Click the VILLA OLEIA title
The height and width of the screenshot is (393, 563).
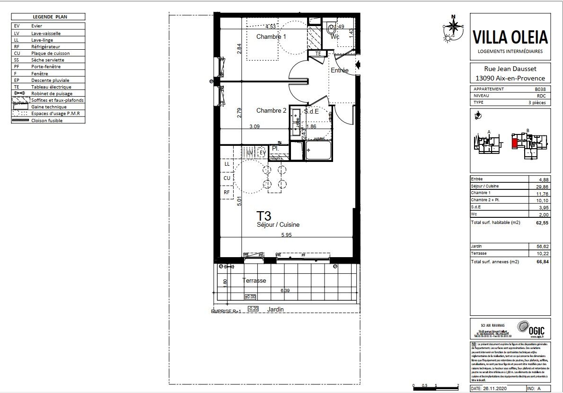point(510,37)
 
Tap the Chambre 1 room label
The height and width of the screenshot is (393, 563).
point(271,37)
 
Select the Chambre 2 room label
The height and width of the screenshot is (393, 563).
point(271,111)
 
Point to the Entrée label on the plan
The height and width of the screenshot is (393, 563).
point(339,71)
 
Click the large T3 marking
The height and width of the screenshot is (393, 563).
point(264,216)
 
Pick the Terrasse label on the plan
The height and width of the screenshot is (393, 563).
point(254,280)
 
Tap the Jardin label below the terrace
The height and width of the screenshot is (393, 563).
point(275,309)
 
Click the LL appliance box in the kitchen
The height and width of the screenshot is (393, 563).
point(227,164)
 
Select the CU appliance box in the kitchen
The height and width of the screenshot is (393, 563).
point(227,178)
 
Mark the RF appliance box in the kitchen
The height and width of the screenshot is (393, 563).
point(227,193)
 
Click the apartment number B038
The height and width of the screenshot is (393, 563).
point(540,89)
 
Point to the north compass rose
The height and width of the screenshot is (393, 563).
point(453,28)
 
